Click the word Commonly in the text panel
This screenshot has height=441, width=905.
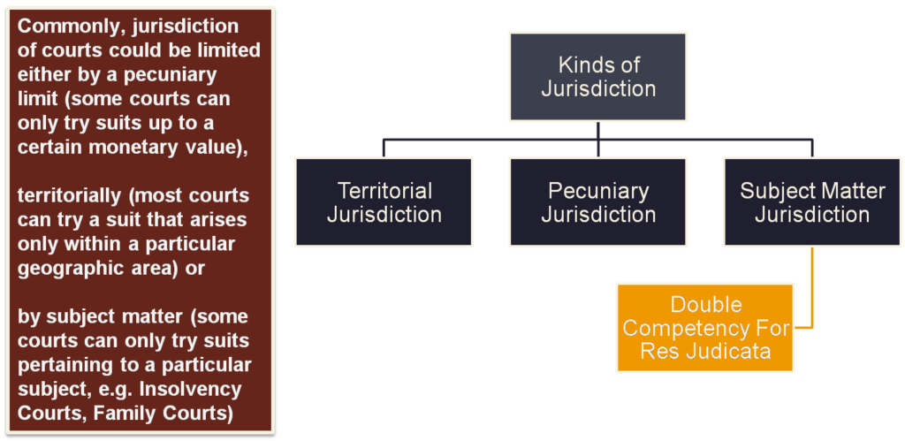pyautogui.click(x=64, y=27)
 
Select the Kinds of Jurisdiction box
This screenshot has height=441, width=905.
pyautogui.click(x=598, y=76)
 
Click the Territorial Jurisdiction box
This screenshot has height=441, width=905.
pyautogui.click(x=384, y=201)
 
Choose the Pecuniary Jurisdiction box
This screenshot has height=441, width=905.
pyautogui.click(x=598, y=201)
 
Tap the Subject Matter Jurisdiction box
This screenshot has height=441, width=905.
pyautogui.click(x=812, y=201)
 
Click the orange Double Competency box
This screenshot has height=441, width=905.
pyautogui.click(x=705, y=328)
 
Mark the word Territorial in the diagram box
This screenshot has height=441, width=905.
pyautogui.click(x=384, y=190)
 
